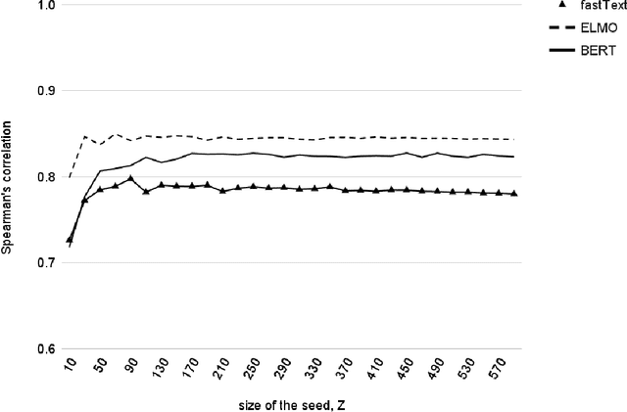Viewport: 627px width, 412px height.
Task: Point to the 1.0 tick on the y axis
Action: [45, 5]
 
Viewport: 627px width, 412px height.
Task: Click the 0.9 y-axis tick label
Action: [45, 91]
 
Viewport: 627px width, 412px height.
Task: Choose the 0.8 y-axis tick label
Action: [45, 177]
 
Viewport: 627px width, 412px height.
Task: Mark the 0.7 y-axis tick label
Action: [45, 263]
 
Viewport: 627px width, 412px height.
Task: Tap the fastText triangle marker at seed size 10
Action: [70, 239]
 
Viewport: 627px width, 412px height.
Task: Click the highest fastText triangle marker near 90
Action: [131, 179]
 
